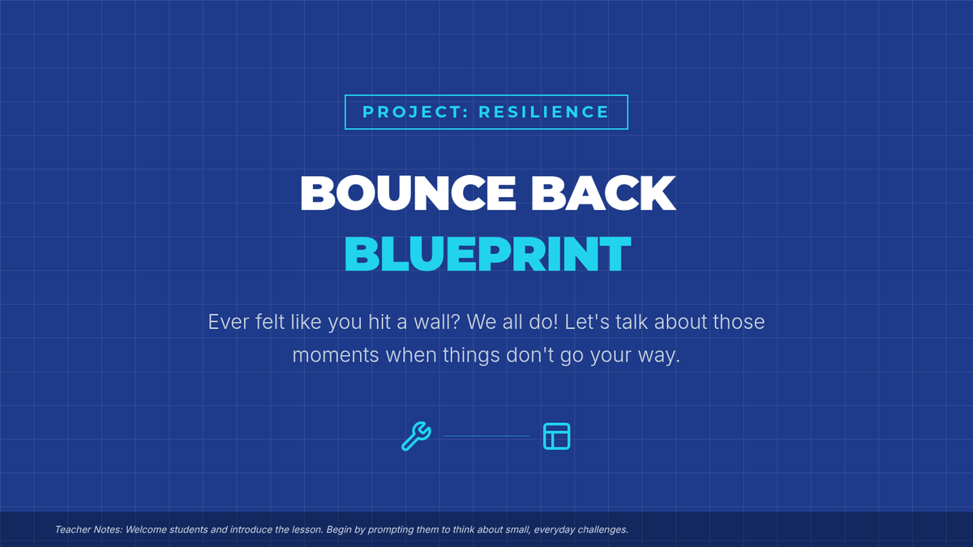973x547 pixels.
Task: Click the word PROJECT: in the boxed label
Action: click(x=415, y=112)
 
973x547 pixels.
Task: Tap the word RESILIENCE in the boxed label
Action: click(x=544, y=112)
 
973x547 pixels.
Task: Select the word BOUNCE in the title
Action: click(x=407, y=193)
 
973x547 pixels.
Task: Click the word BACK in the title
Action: click(x=603, y=193)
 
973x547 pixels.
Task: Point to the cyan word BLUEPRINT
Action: click(x=487, y=254)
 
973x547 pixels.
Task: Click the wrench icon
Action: click(x=416, y=436)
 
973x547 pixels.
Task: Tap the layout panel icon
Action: click(x=556, y=436)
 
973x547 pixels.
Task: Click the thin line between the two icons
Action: click(x=486, y=436)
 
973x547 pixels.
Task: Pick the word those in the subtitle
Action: click(x=739, y=323)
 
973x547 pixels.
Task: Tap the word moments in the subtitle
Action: click(x=336, y=356)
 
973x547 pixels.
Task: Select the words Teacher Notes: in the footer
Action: click(x=88, y=530)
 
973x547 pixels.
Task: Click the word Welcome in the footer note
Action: click(x=146, y=530)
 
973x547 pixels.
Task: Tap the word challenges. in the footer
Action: click(x=602, y=530)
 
